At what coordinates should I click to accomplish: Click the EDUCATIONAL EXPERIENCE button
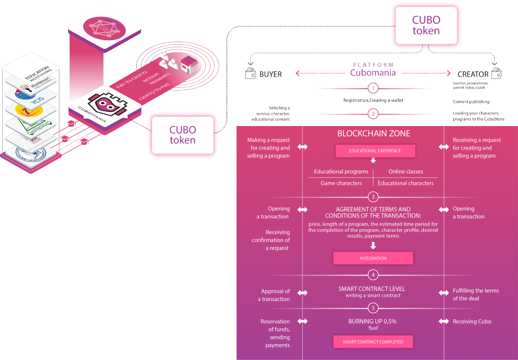click(x=375, y=151)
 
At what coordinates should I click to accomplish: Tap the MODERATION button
click(x=373, y=258)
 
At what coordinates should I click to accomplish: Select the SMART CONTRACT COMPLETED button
click(x=373, y=342)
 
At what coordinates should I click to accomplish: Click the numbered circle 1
click(x=372, y=88)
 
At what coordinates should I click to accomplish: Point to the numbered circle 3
click(x=372, y=197)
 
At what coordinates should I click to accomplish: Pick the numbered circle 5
click(x=372, y=308)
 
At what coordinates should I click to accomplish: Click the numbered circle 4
click(x=372, y=275)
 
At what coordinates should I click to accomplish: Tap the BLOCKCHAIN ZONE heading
click(x=374, y=134)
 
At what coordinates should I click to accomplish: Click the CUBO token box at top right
click(x=426, y=26)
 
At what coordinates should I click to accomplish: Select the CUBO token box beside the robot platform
click(x=182, y=135)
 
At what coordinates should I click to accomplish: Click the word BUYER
click(x=270, y=74)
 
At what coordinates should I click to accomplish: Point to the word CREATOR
click(x=473, y=74)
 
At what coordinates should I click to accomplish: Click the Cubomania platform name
click(x=373, y=73)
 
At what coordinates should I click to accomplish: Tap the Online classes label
click(x=406, y=171)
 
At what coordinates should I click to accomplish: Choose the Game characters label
click(x=341, y=183)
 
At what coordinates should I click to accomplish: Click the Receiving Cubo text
click(x=472, y=321)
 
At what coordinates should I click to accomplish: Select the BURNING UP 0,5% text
click(x=372, y=321)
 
